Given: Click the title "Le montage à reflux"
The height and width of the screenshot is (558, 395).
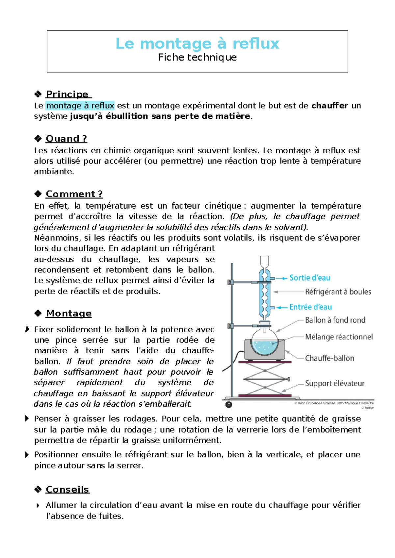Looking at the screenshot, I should (197, 44).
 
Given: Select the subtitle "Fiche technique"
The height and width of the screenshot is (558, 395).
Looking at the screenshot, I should (197, 58).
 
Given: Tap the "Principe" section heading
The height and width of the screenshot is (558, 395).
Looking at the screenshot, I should (67, 94).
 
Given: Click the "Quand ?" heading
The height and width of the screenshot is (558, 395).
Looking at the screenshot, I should (66, 139).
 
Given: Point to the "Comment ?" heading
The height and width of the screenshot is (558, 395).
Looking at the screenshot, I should (74, 194).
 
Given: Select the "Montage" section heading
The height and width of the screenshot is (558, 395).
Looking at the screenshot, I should (68, 314).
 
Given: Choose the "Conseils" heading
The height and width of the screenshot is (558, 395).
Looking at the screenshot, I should (67, 490).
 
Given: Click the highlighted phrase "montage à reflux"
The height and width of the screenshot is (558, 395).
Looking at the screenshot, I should (80, 106).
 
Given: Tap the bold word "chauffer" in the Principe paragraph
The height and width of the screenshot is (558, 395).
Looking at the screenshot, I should (329, 106).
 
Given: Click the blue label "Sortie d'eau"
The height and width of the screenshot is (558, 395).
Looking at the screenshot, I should (309, 278).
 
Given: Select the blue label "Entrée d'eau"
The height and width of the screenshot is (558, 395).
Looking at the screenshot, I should (310, 307).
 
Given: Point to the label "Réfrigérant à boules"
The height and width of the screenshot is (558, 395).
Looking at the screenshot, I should (338, 292).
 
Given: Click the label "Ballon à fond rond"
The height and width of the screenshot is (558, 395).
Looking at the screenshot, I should (335, 320).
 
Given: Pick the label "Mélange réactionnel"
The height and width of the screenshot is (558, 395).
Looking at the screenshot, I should (339, 337).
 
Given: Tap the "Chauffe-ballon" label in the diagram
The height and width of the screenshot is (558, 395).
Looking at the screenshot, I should (329, 358).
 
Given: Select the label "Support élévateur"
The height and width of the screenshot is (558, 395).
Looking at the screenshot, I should (334, 384).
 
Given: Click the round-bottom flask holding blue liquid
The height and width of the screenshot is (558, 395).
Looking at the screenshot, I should (264, 342).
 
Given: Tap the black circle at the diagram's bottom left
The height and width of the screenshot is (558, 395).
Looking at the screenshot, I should (229, 405).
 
